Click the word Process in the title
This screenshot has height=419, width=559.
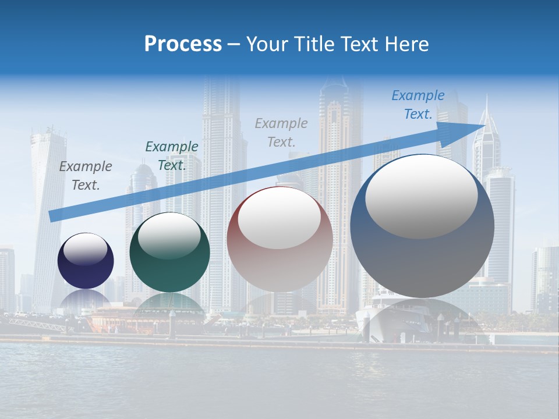click(x=183, y=44)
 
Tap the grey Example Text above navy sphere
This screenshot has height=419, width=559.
click(x=86, y=176)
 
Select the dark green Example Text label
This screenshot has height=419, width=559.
click(x=172, y=155)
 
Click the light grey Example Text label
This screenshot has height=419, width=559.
click(x=281, y=132)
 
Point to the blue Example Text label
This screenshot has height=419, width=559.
click(x=418, y=105)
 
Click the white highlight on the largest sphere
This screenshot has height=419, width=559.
click(x=421, y=197)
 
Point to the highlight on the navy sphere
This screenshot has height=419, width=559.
click(x=86, y=249)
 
